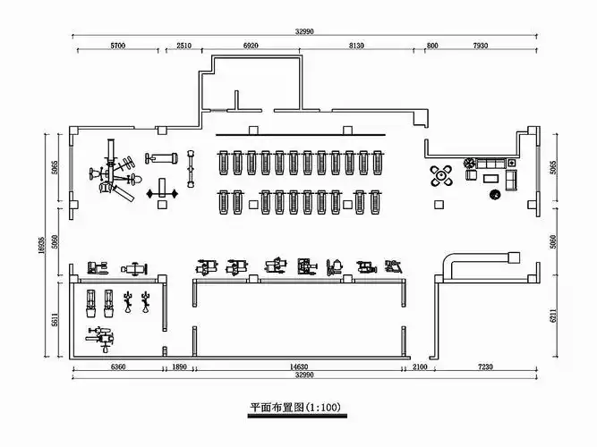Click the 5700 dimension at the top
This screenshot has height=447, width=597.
coord(117,45)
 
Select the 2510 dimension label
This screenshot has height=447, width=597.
coord(184,45)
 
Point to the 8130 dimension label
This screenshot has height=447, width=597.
coord(356,45)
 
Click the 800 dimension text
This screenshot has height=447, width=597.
coord(432,45)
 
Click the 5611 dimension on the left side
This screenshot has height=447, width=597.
coord(55,319)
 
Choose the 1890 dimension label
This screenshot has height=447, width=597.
coord(178,367)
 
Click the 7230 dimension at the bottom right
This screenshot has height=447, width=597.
coord(484,367)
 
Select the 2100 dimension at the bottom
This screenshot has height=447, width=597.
coord(419,367)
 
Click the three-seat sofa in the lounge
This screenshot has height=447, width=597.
coord(492,164)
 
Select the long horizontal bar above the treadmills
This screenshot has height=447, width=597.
coord(301,135)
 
